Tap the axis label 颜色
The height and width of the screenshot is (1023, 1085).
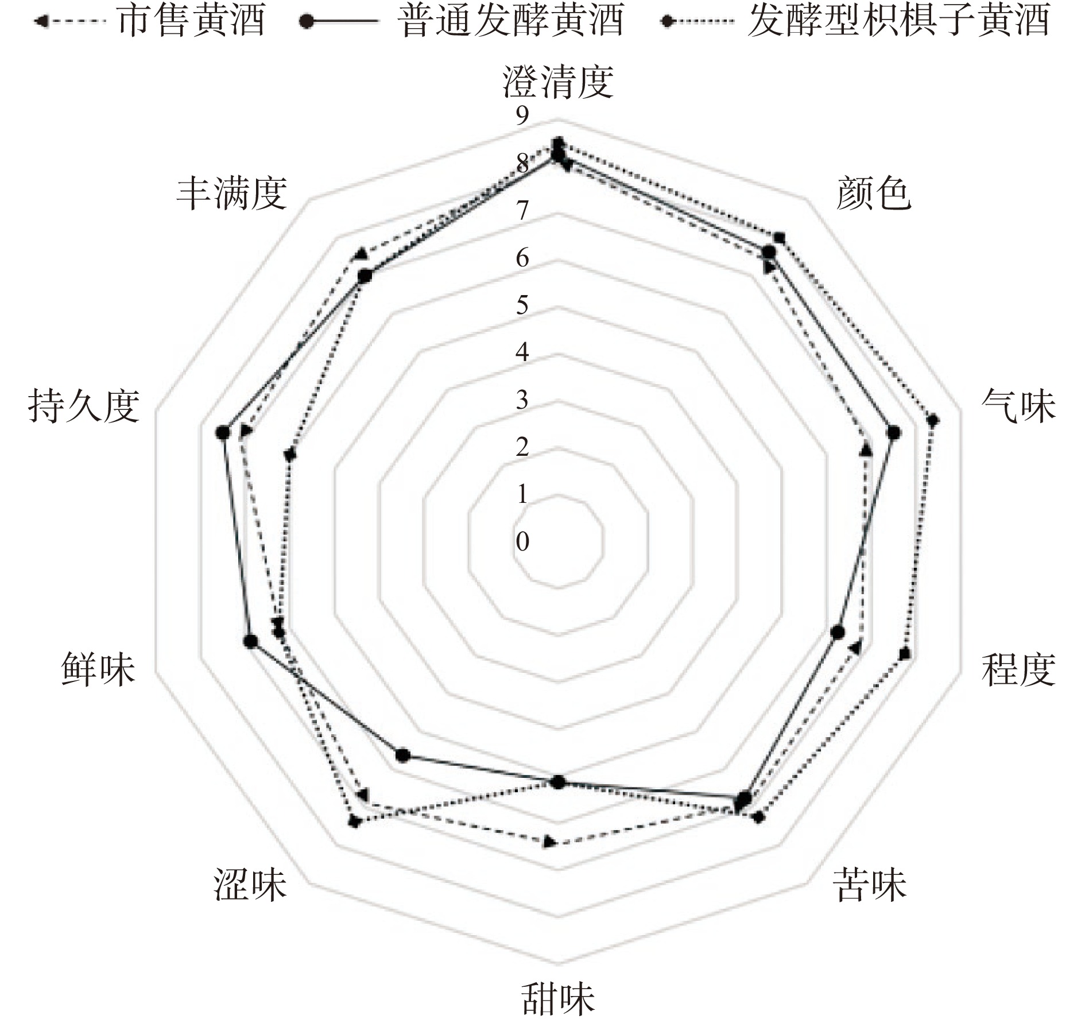tap(873, 193)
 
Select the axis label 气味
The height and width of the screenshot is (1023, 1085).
tap(1018, 406)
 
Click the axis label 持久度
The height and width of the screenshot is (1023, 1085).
tap(84, 406)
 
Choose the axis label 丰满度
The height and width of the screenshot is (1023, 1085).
tap(231, 193)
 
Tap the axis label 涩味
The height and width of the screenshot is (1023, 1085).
tap(250, 884)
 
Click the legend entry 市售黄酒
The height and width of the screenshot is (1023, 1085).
tap(191, 21)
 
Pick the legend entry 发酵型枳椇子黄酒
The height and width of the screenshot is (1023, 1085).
tap(898, 21)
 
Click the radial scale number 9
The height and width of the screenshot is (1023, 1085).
tap(522, 117)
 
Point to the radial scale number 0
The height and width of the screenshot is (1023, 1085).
tap(522, 541)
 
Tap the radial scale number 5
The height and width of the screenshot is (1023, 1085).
tap(522, 305)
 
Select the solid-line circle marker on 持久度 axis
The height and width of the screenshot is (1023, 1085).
tap(223, 433)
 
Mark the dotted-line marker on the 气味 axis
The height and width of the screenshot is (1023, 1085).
tap(933, 421)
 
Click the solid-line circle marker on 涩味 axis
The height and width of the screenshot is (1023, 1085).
tap(402, 755)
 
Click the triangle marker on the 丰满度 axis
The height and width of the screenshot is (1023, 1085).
tap(361, 254)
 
